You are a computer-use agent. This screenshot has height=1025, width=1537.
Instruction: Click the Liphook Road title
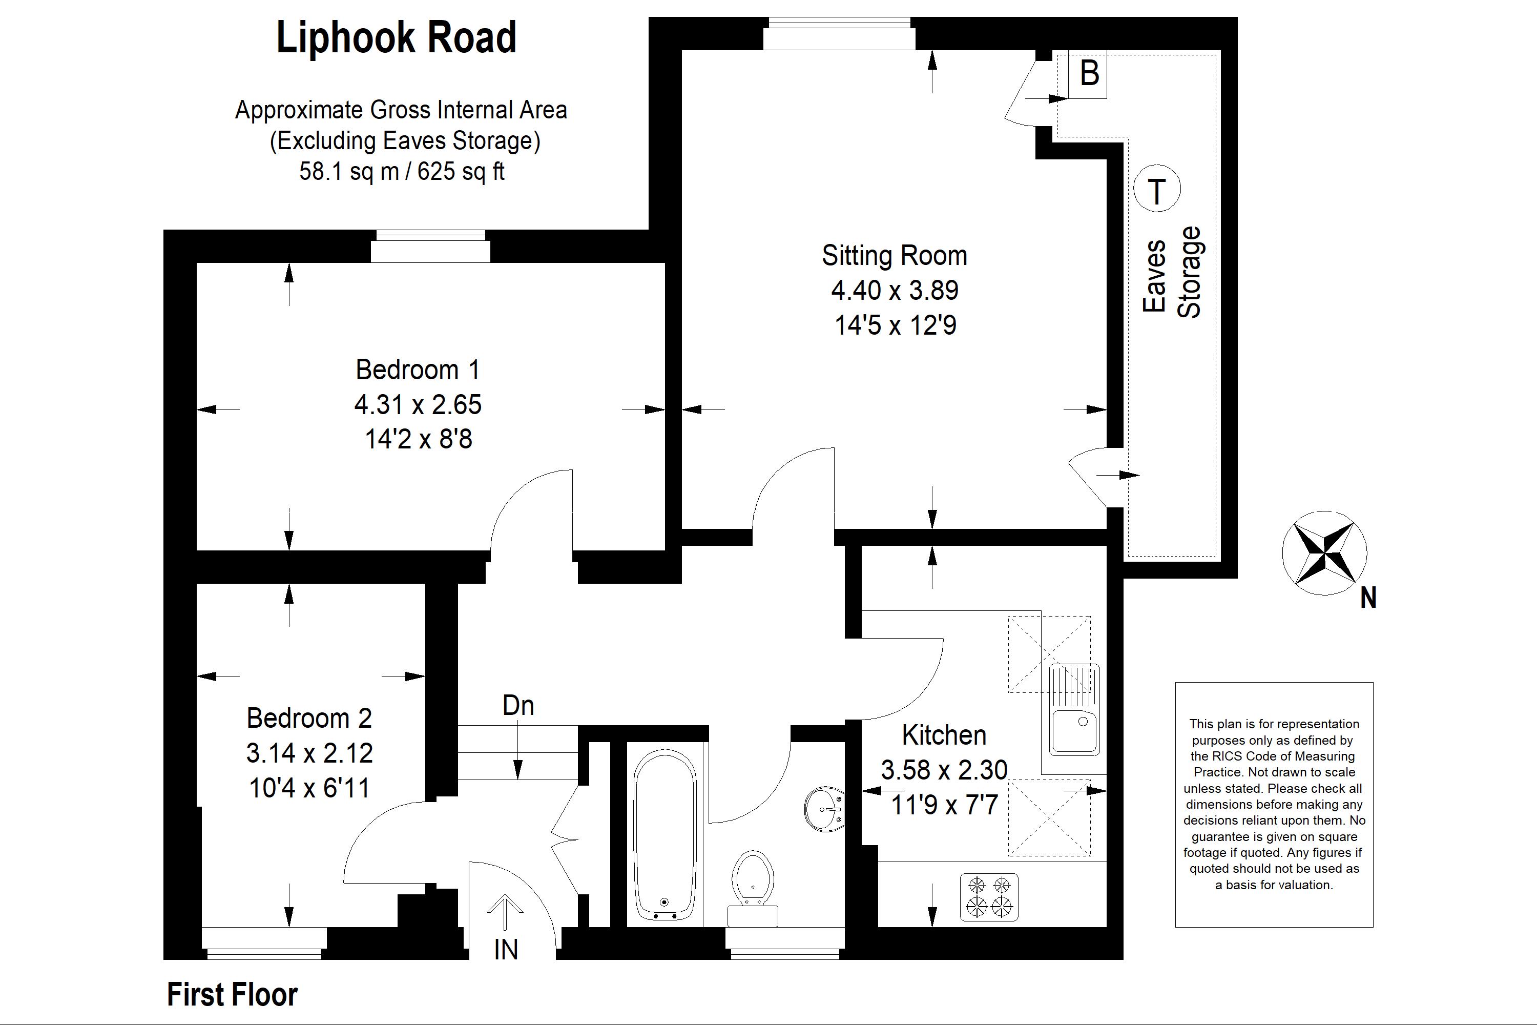tap(396, 37)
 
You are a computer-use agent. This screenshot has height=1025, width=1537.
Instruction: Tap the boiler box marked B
tap(1087, 74)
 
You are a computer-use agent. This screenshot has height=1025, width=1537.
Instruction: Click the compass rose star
tap(1324, 553)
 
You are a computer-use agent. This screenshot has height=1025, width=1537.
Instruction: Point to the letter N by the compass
tap(1368, 598)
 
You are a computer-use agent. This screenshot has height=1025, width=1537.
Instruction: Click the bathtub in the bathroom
tap(665, 834)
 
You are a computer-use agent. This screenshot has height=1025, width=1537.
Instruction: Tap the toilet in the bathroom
tap(753, 888)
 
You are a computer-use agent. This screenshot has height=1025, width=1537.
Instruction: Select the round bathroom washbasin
tap(825, 809)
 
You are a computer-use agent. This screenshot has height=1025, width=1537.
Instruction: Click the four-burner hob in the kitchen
tap(989, 897)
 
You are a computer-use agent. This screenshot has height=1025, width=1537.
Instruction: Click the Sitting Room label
tap(894, 256)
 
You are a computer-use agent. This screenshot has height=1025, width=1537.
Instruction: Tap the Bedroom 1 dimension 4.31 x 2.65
tap(418, 405)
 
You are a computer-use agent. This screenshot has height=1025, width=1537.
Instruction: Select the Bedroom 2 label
tap(309, 719)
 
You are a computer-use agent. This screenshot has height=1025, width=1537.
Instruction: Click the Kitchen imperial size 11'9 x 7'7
tap(944, 805)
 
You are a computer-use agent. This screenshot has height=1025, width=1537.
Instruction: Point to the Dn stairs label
tap(518, 705)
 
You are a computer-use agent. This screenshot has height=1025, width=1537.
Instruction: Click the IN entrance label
tap(506, 950)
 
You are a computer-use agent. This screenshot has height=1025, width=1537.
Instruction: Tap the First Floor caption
tap(232, 994)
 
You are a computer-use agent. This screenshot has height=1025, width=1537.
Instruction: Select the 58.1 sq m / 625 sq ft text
tap(402, 171)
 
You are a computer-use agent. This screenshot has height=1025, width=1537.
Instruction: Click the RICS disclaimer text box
tap(1274, 805)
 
